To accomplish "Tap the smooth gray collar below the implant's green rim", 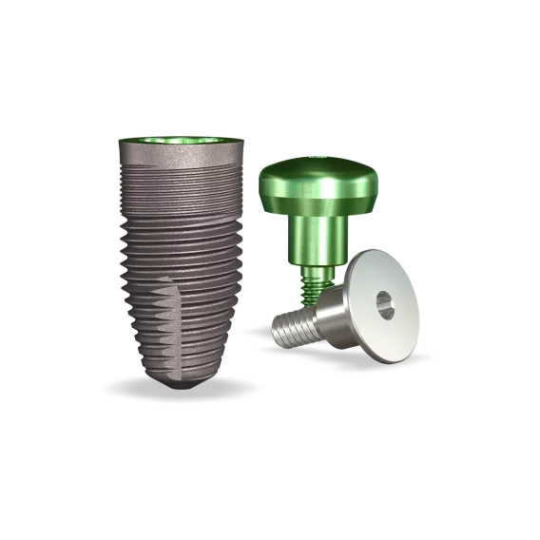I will click(182, 156).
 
